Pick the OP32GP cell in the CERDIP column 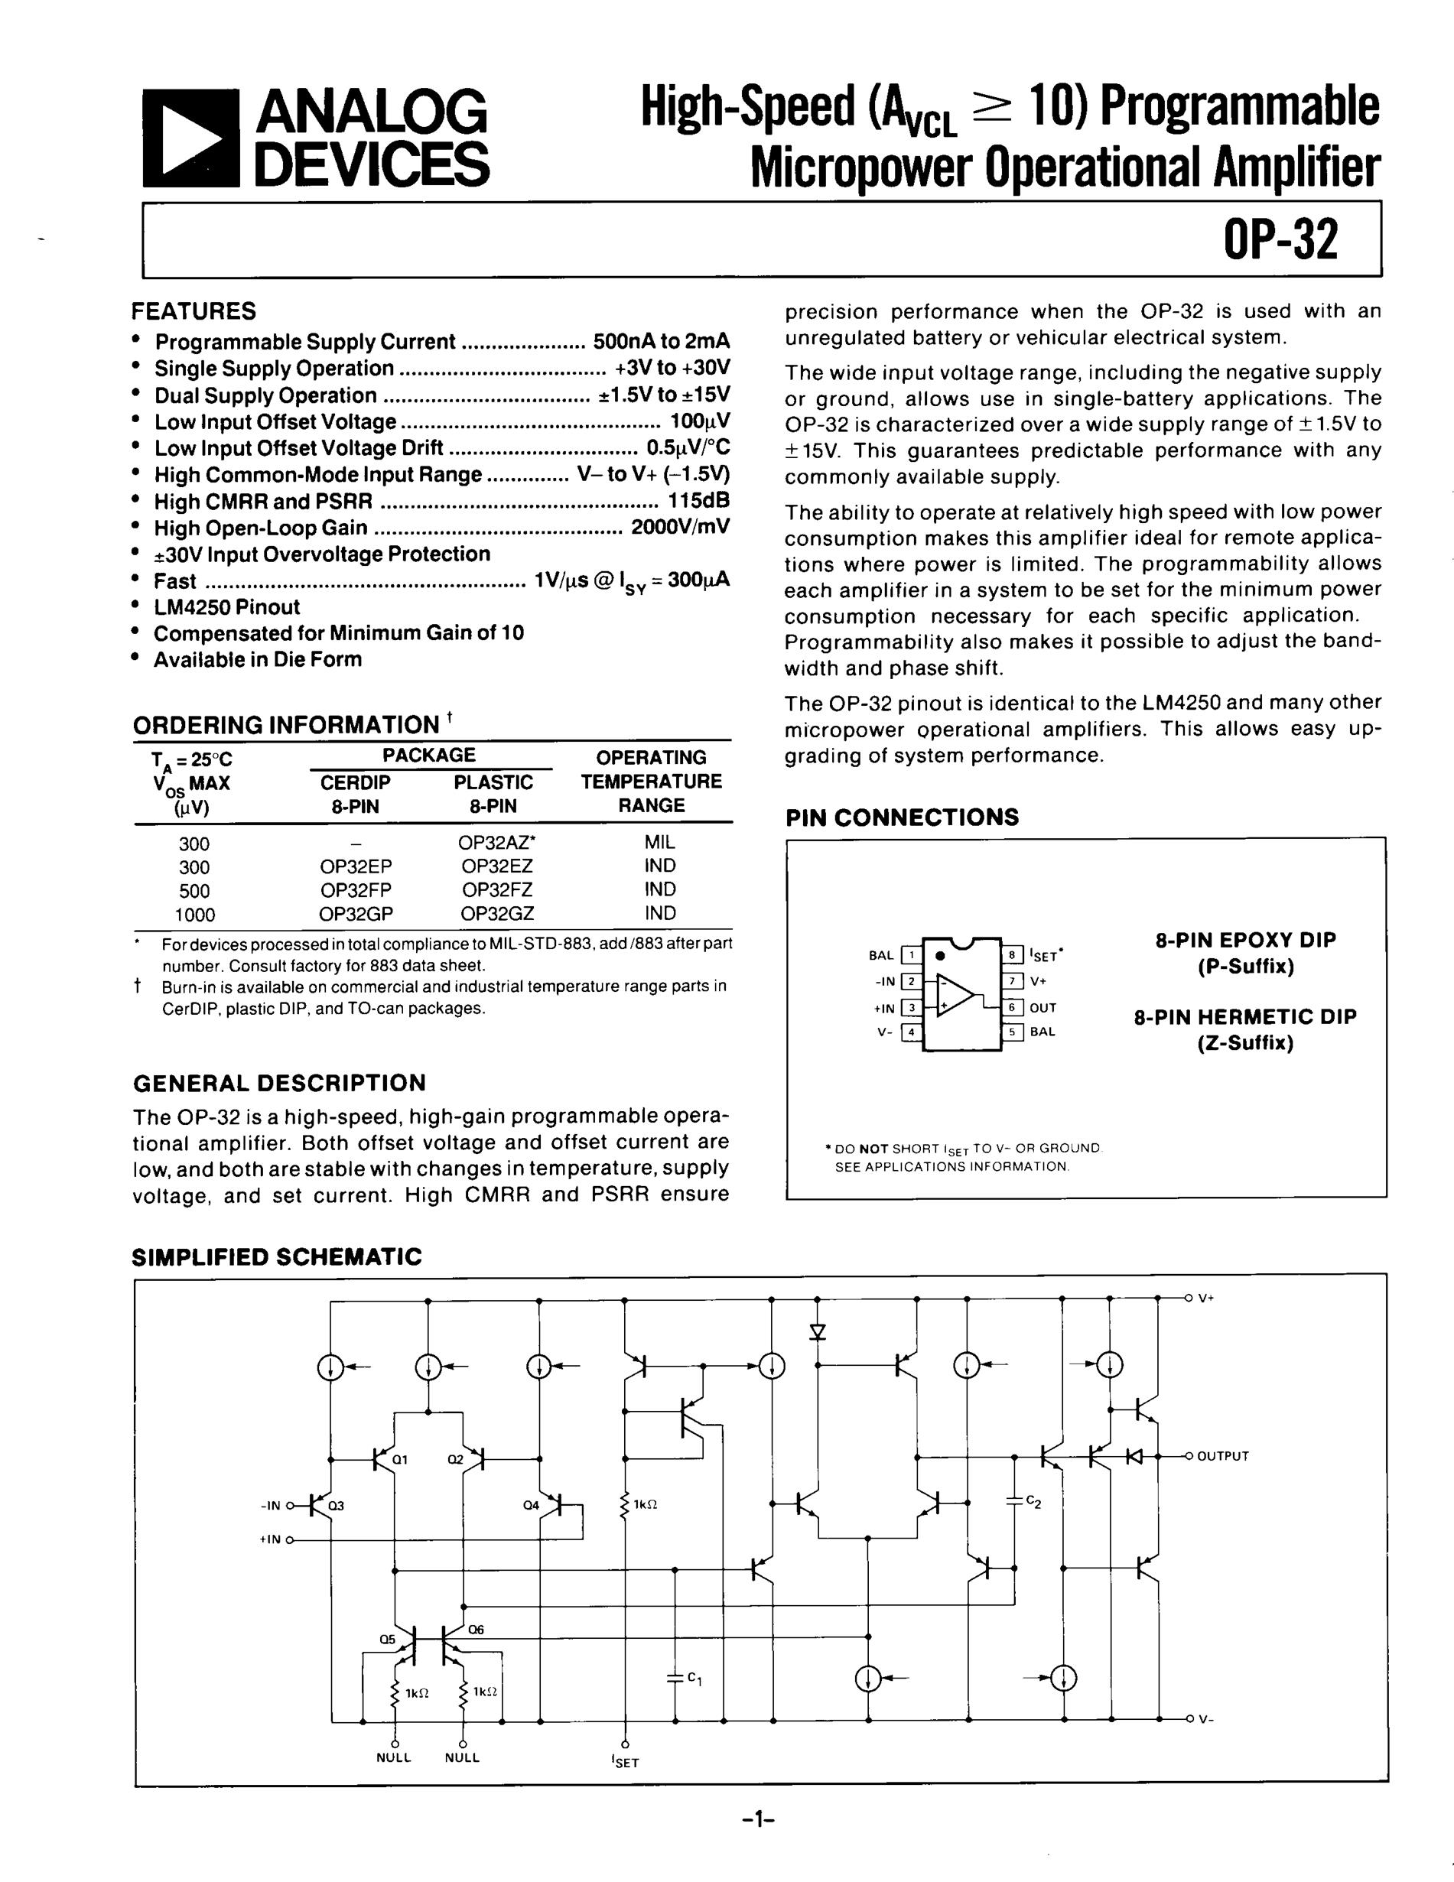354,913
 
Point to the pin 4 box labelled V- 910,1032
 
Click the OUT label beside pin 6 1043,1007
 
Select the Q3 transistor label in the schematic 335,1506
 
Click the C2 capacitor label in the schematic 1033,1502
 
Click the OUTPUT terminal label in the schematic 1222,1456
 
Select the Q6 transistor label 477,1630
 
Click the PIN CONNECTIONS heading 902,817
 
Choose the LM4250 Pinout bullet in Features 226,606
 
